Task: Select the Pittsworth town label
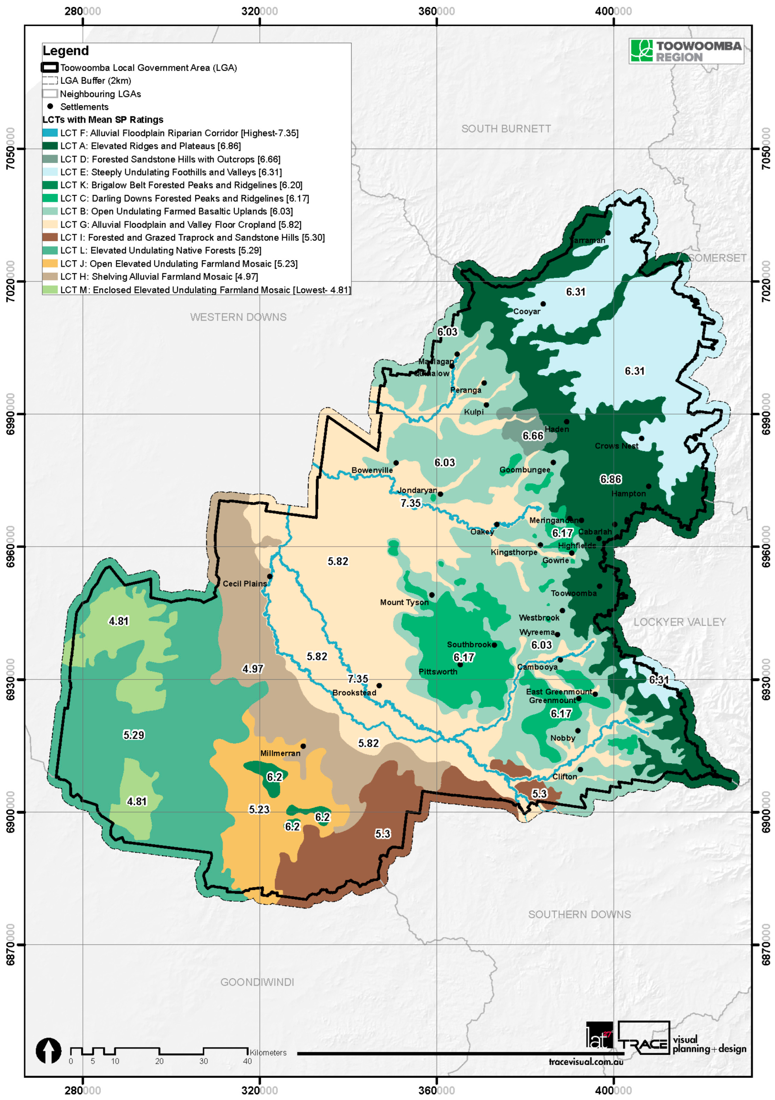tap(438, 672)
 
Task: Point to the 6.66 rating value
tap(533, 436)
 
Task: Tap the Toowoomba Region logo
tap(686, 51)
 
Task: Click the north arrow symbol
tap(48, 1051)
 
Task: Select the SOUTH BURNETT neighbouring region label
tap(506, 129)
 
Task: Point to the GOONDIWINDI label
tap(257, 982)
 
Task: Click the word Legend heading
tap(66, 51)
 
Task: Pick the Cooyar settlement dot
tap(543, 304)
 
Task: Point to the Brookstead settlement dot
tap(379, 686)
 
